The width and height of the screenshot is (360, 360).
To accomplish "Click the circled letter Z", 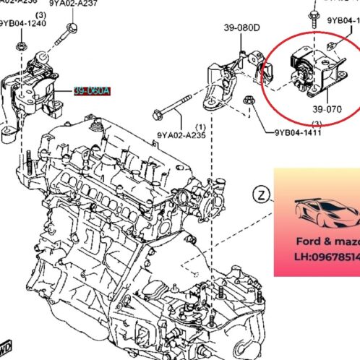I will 262,194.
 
